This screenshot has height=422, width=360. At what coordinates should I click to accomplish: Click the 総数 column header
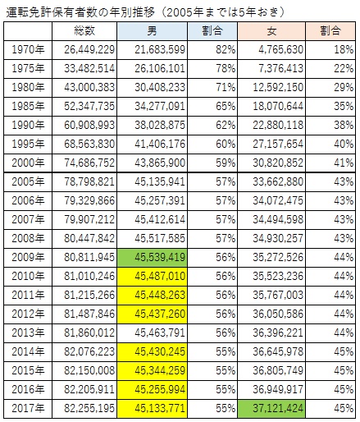tap(84, 31)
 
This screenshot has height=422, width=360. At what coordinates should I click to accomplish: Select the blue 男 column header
tap(152, 31)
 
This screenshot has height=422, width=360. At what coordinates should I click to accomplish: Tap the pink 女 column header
tap(271, 31)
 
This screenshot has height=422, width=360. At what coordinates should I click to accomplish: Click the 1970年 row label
tap(28, 50)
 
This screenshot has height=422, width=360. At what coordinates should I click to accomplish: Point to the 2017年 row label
tap(28, 408)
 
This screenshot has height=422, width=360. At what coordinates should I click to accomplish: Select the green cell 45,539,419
tap(152, 258)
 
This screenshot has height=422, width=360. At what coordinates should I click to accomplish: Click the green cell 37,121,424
tap(271, 409)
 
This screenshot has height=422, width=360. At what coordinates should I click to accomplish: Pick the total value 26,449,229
tap(89, 50)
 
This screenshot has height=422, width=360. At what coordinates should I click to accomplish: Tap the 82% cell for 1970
tap(226, 50)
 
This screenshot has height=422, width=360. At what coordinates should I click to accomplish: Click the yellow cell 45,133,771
tap(152, 409)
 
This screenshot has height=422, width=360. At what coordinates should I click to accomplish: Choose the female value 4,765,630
tap(281, 50)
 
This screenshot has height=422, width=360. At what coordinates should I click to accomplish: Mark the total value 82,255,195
tap(89, 408)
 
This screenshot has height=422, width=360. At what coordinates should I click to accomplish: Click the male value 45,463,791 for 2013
tap(160, 333)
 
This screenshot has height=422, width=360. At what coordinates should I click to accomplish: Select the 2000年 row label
tap(28, 163)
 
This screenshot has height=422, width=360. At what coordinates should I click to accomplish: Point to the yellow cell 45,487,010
tap(152, 277)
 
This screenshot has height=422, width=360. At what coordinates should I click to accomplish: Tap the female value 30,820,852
tap(278, 163)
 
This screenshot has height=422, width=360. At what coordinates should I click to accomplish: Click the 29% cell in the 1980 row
tap(344, 88)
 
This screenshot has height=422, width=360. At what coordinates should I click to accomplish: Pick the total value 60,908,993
tap(89, 125)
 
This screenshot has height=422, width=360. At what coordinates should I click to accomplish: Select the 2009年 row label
tap(28, 257)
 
